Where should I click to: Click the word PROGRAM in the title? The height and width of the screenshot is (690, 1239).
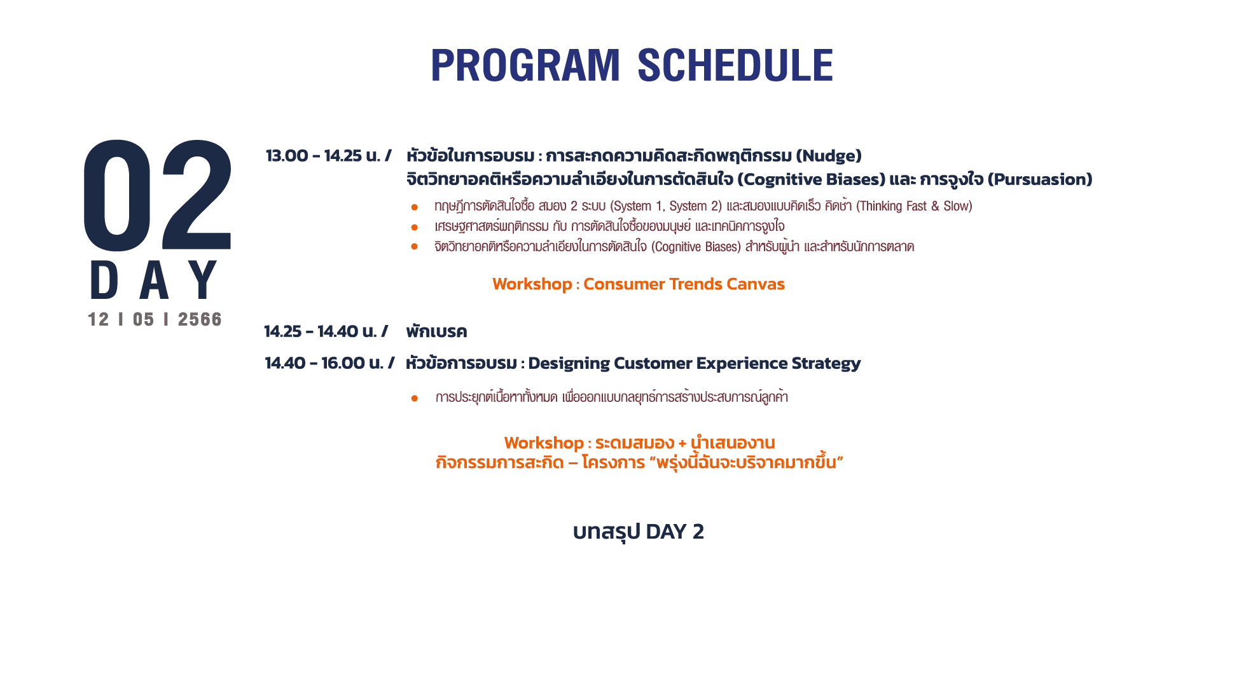(525, 65)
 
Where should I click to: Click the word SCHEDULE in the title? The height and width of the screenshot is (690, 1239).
(735, 65)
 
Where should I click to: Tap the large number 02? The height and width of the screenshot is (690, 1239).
(158, 195)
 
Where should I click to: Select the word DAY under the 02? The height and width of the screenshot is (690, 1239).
(155, 280)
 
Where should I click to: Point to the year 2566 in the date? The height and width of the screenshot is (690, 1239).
(200, 319)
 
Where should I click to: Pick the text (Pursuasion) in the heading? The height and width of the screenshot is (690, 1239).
(1040, 179)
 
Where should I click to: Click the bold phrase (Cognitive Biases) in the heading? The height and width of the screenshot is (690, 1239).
(812, 179)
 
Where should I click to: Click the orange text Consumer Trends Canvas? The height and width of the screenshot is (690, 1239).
(684, 284)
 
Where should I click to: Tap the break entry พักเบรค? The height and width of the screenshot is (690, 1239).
(436, 331)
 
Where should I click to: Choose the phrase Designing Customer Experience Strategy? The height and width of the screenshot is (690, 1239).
(694, 363)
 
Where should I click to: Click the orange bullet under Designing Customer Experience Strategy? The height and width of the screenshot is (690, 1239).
(415, 399)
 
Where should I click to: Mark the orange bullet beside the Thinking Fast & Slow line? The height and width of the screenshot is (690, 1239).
(415, 207)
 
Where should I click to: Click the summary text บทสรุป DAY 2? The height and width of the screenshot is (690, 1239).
(639, 532)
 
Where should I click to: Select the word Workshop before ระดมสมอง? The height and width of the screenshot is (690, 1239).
(544, 443)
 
